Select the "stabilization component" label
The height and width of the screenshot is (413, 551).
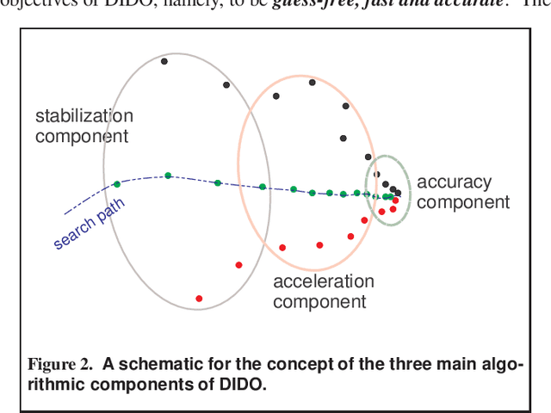coord(84,126)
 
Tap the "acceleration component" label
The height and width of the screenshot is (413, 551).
coord(323,292)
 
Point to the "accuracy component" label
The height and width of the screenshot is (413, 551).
coord(462,192)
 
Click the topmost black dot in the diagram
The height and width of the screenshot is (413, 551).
coord(164,61)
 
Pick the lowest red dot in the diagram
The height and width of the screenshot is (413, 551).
coord(199,299)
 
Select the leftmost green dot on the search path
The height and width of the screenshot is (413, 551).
coord(117,184)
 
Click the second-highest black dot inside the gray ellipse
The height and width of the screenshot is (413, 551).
coord(226,84)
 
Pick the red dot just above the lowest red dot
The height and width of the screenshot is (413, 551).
coord(238,265)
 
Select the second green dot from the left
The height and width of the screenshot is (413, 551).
coord(168,176)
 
